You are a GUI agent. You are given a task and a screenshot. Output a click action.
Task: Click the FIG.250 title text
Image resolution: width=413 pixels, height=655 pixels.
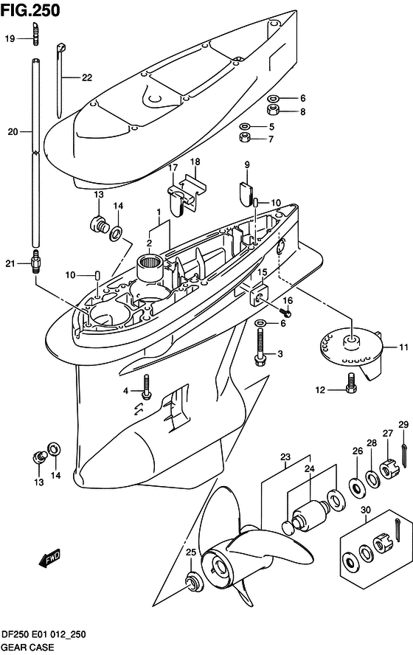30,10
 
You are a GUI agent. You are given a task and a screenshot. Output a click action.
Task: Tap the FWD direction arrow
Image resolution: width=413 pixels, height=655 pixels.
49,558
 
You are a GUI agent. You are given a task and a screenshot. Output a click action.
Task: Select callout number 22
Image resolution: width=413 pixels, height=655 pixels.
86,77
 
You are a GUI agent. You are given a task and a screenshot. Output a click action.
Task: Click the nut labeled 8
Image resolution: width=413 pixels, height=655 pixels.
273,111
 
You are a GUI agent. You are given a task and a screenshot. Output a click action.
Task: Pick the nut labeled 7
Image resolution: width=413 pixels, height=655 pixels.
245,137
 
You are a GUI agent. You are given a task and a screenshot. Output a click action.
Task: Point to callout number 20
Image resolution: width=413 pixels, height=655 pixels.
13,131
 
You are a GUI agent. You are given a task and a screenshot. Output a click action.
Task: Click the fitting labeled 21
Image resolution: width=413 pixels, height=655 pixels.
36,263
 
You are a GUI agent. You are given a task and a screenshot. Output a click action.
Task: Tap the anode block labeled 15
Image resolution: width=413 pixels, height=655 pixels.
258,295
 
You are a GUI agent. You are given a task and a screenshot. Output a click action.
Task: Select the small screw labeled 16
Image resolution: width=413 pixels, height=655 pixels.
285,311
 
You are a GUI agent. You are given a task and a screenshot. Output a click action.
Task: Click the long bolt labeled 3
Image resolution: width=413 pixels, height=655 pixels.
260,346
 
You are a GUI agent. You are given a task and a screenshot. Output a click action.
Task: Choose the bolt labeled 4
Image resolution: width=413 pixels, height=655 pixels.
146,387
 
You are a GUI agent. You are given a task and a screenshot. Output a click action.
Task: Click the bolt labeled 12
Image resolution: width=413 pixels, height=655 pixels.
351,384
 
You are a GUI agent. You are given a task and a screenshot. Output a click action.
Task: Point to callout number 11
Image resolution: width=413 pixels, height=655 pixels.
403,347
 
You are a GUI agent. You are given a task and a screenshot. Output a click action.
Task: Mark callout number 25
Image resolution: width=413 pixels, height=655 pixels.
191,552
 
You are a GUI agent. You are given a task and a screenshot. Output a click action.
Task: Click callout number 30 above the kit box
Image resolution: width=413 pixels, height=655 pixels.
366,510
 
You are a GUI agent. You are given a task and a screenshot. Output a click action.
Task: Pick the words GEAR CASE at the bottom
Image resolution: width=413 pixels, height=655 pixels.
27,647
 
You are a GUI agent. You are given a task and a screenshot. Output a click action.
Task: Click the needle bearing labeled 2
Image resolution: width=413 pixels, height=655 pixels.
149,267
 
